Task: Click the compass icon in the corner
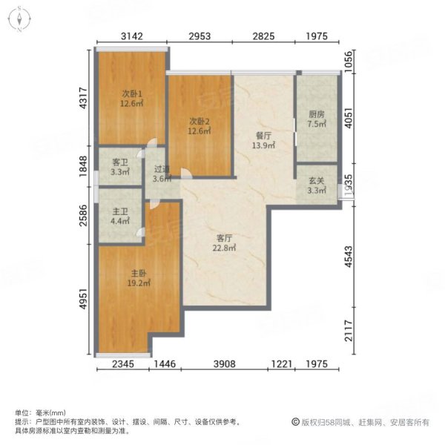click(x=19, y=19)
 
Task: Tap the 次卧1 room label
click(x=132, y=93)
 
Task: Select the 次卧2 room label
click(x=200, y=122)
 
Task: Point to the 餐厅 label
click(x=263, y=136)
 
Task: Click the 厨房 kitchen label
click(x=317, y=114)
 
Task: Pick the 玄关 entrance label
click(x=317, y=181)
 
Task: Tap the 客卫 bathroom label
click(x=120, y=162)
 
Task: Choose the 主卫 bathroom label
click(x=120, y=211)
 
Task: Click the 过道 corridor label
click(x=162, y=169)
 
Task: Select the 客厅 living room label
click(x=224, y=238)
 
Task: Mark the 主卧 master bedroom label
click(x=139, y=273)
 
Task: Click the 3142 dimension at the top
click(x=132, y=36)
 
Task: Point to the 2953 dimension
click(x=200, y=36)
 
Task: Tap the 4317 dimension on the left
click(x=83, y=98)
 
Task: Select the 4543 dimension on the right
click(x=349, y=257)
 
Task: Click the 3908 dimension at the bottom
click(x=225, y=364)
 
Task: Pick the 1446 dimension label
click(x=165, y=364)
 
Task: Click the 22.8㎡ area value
click(x=224, y=248)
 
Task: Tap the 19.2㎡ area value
click(x=139, y=283)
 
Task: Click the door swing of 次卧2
click(x=186, y=174)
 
